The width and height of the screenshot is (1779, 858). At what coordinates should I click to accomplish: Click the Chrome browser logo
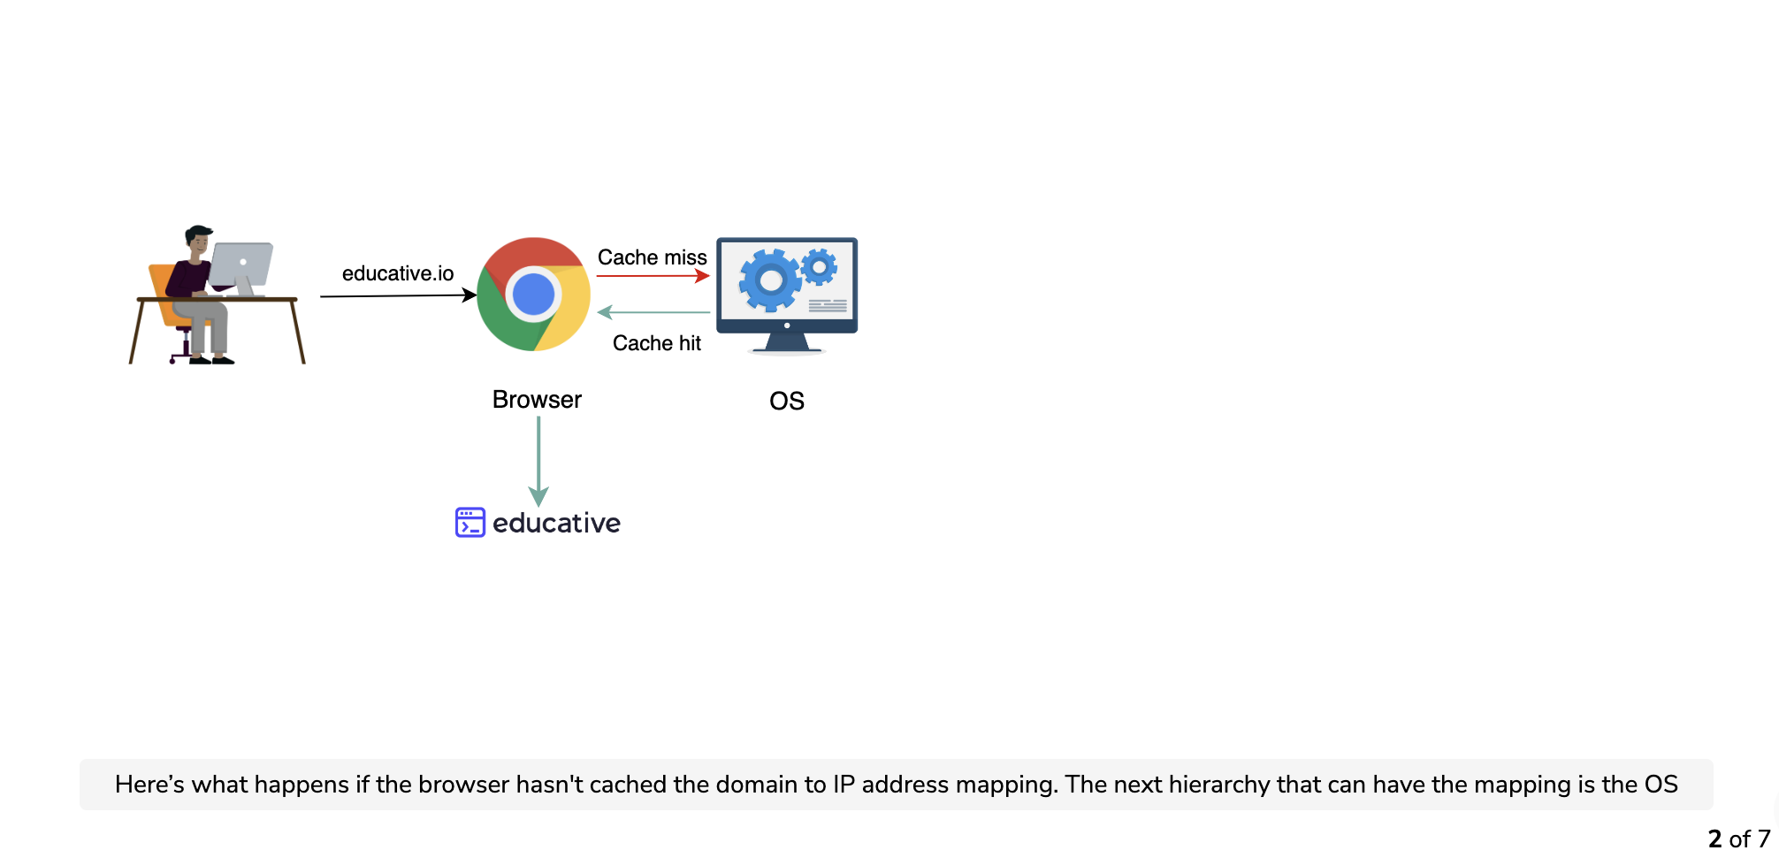(533, 294)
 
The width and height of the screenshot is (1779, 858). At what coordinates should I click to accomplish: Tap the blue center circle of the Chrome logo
(533, 295)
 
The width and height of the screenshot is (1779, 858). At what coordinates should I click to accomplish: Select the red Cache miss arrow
(653, 276)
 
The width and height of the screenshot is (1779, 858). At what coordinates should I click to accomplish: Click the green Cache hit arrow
(653, 312)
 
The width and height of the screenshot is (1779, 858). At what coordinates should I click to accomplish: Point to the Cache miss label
(653, 257)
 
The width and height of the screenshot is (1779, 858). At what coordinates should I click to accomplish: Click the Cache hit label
(657, 343)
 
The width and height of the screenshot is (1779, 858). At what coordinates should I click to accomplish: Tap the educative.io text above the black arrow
(398, 273)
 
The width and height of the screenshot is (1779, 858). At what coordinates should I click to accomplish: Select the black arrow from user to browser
(399, 295)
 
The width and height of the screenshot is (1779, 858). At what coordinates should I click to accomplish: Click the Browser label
(537, 400)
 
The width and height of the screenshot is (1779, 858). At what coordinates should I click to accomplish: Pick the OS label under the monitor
(787, 402)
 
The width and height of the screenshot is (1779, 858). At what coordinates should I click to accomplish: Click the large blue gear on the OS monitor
(771, 280)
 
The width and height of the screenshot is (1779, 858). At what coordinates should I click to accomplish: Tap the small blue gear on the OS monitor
(820, 266)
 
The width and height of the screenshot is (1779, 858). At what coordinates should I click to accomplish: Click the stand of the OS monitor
(787, 342)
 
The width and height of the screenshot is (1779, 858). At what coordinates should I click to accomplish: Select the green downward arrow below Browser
(538, 461)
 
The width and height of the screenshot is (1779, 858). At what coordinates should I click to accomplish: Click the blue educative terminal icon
(470, 522)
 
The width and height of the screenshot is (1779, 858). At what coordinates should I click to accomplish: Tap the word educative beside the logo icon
(556, 523)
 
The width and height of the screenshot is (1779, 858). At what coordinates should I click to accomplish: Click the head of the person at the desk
(199, 241)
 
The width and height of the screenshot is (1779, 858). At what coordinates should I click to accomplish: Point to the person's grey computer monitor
(241, 267)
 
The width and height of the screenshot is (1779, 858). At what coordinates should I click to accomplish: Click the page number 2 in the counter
(1715, 839)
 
